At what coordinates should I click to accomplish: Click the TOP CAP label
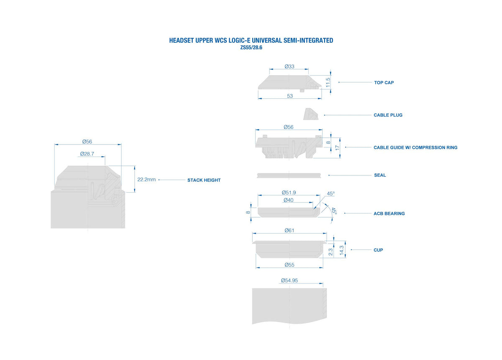click(384, 82)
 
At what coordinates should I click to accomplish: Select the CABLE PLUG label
click(388, 115)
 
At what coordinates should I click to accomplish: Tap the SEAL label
click(380, 175)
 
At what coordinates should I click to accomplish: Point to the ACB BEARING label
click(389, 213)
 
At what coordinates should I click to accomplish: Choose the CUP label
click(378, 250)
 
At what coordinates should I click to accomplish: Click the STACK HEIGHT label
click(204, 180)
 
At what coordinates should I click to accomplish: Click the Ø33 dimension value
click(289, 67)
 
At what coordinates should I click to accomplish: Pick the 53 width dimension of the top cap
click(290, 96)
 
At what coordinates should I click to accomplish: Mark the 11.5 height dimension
click(328, 82)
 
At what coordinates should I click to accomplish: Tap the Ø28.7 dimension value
click(87, 154)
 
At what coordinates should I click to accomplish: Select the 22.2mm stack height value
click(146, 180)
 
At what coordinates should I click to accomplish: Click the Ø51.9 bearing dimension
click(289, 193)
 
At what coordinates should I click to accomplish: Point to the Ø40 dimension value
click(288, 200)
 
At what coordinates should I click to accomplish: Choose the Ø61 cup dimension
click(289, 230)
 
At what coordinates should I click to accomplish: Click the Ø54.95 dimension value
click(289, 280)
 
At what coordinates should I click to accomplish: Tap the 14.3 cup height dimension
click(341, 250)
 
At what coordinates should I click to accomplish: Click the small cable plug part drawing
click(311, 114)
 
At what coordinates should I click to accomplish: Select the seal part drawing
click(289, 175)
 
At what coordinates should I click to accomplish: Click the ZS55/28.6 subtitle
click(251, 48)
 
